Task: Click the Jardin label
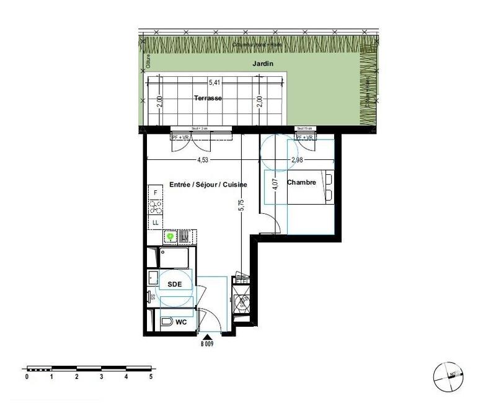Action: [263, 64]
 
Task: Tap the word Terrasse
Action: [208, 99]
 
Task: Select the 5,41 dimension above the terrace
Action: [215, 82]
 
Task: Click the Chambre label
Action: [302, 182]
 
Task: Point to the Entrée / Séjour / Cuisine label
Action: [208, 185]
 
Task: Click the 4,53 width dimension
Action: [203, 160]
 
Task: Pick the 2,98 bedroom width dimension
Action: [298, 160]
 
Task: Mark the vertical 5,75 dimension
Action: [242, 205]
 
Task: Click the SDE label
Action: [175, 284]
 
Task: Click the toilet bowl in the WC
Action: [166, 322]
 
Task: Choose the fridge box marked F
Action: [156, 193]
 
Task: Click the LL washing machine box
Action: [156, 222]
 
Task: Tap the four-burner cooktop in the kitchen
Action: [156, 207]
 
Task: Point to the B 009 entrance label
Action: [206, 343]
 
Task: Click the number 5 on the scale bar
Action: [151, 376]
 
